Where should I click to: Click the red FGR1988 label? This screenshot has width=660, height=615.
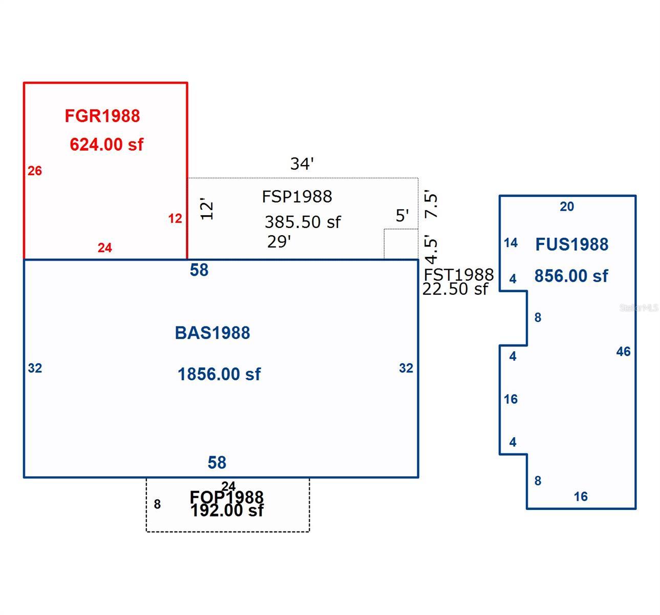[102, 116]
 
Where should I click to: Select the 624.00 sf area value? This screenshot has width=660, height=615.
[107, 145]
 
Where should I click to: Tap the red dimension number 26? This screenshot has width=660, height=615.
[35, 171]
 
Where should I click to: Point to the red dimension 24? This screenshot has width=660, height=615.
[104, 248]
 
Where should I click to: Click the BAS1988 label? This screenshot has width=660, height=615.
[212, 333]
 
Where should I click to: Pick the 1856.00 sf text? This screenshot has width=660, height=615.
[219, 374]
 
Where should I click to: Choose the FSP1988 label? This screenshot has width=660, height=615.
[297, 196]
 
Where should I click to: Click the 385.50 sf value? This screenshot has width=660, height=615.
[303, 222]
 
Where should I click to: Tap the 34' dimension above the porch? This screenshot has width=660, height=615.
[302, 164]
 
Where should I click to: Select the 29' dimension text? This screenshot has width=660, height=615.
[279, 242]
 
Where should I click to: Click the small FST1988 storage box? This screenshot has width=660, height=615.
[401, 244]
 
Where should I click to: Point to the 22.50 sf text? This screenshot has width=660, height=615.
[455, 289]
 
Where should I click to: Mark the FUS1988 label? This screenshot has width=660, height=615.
[572, 244]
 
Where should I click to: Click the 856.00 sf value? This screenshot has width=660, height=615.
[571, 276]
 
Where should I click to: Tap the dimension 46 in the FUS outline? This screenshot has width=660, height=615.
[623, 352]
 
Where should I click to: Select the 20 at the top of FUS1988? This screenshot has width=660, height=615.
[567, 207]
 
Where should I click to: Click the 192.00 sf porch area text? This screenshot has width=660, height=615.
[227, 510]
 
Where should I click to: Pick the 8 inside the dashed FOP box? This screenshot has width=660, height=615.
[157, 504]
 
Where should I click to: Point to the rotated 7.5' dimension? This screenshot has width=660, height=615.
[432, 205]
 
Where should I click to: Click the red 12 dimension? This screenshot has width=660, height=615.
[175, 219]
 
